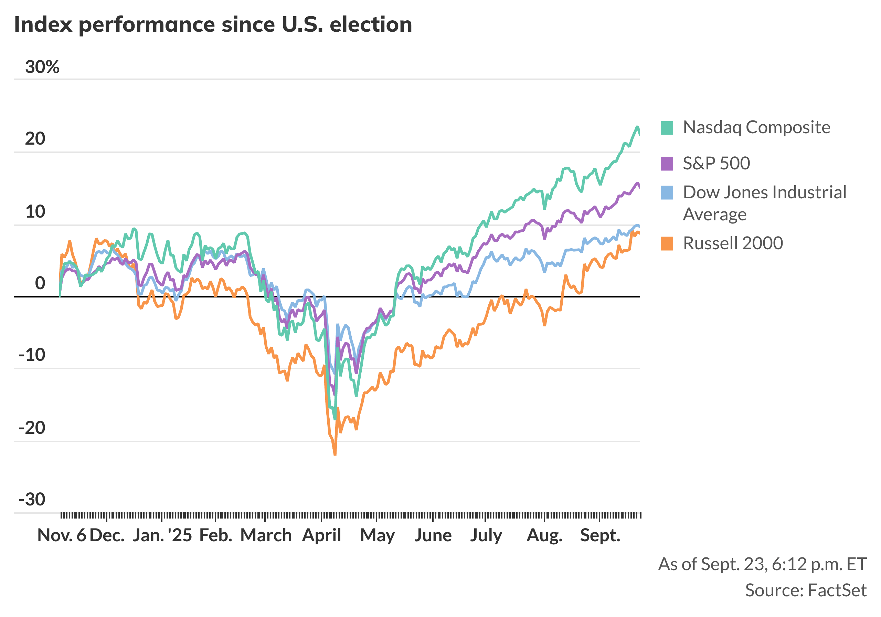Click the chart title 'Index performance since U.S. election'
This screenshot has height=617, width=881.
pyautogui.click(x=213, y=24)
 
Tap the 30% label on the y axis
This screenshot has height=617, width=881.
pyautogui.click(x=42, y=67)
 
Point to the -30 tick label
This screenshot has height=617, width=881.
pyautogui.click(x=32, y=500)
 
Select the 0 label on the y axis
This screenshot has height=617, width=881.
pyautogui.click(x=40, y=283)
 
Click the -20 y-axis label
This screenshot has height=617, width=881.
pyautogui.click(x=32, y=428)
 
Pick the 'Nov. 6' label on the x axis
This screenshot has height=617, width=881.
pyautogui.click(x=62, y=535)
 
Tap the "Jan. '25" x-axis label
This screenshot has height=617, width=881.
pyautogui.click(x=162, y=535)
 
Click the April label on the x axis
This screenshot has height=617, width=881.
pyautogui.click(x=321, y=535)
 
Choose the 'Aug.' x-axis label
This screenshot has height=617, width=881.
pyautogui.click(x=544, y=535)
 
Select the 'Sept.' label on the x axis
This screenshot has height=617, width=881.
pyautogui.click(x=600, y=535)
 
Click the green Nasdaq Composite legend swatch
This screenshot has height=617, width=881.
pyautogui.click(x=667, y=128)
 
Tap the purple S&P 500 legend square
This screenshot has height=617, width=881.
pyautogui.click(x=667, y=164)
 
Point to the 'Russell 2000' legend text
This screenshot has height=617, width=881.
pyautogui.click(x=733, y=243)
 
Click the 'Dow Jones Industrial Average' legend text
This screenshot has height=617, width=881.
pyautogui.click(x=764, y=203)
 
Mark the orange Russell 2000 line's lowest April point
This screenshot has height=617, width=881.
pyautogui.click(x=335, y=454)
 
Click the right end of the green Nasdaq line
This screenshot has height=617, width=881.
pyautogui.click(x=639, y=134)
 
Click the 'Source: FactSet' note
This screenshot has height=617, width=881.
pyautogui.click(x=806, y=590)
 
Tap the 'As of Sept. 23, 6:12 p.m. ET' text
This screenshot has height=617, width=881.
pyautogui.click(x=762, y=564)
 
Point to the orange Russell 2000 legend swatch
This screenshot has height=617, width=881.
pyautogui.click(x=667, y=244)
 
